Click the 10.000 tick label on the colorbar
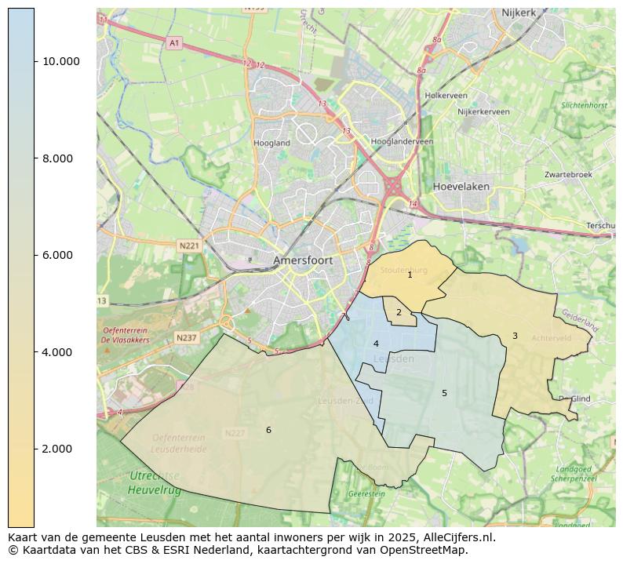click(x=60, y=61)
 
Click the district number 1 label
click(x=410, y=275)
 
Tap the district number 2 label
click(x=399, y=313)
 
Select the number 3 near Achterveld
click(x=515, y=337)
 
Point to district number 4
click(x=376, y=344)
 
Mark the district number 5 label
click(x=444, y=393)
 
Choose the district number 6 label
click(x=268, y=430)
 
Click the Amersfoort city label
click(x=303, y=260)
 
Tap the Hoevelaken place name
click(x=461, y=187)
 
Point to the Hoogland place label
click(x=272, y=144)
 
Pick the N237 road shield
click(x=187, y=338)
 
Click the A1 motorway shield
click(x=174, y=43)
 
